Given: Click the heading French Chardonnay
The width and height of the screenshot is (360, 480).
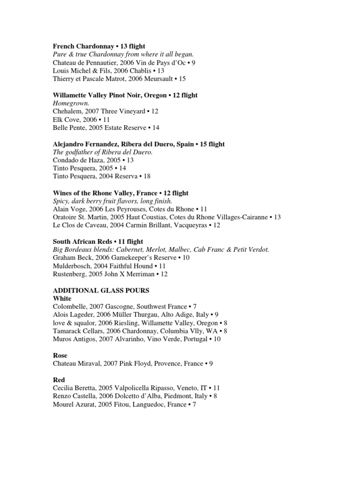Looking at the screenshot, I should click(83, 46).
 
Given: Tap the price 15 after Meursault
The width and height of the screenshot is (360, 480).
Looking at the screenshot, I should click(182, 79).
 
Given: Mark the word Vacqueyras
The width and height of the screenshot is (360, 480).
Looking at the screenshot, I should click(190, 225).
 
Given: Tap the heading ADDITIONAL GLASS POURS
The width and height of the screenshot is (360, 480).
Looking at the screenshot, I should click(101, 291).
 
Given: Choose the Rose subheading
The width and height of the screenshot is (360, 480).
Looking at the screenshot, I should click(60, 355).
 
